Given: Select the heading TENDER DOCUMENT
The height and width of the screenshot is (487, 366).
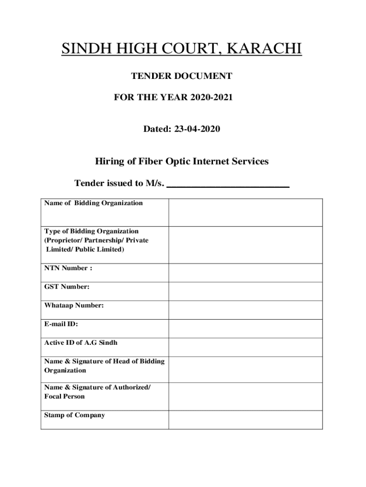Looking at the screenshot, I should (x=181, y=76).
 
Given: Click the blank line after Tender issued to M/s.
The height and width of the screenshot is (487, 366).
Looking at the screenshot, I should (x=228, y=184).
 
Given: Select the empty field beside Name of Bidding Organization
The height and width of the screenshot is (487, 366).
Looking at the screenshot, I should (x=245, y=212).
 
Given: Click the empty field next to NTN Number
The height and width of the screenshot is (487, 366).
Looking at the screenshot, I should (x=245, y=273).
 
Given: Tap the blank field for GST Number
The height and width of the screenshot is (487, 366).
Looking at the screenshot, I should (x=245, y=291).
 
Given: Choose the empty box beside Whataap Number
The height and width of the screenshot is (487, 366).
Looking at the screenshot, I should (x=245, y=310).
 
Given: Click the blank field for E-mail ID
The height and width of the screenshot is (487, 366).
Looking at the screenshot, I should (x=245, y=328).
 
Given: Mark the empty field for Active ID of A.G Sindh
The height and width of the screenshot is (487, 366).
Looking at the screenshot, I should (x=245, y=347).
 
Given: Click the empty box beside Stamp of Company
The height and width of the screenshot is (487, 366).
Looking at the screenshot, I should (x=245, y=419).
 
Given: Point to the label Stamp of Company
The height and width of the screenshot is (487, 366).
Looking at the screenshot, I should (x=75, y=415).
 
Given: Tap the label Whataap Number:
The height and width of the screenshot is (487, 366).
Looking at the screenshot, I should (x=74, y=305).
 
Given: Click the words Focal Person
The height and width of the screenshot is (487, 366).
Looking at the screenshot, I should (x=65, y=396).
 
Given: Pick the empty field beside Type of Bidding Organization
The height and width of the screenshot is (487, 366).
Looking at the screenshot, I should (x=245, y=244).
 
